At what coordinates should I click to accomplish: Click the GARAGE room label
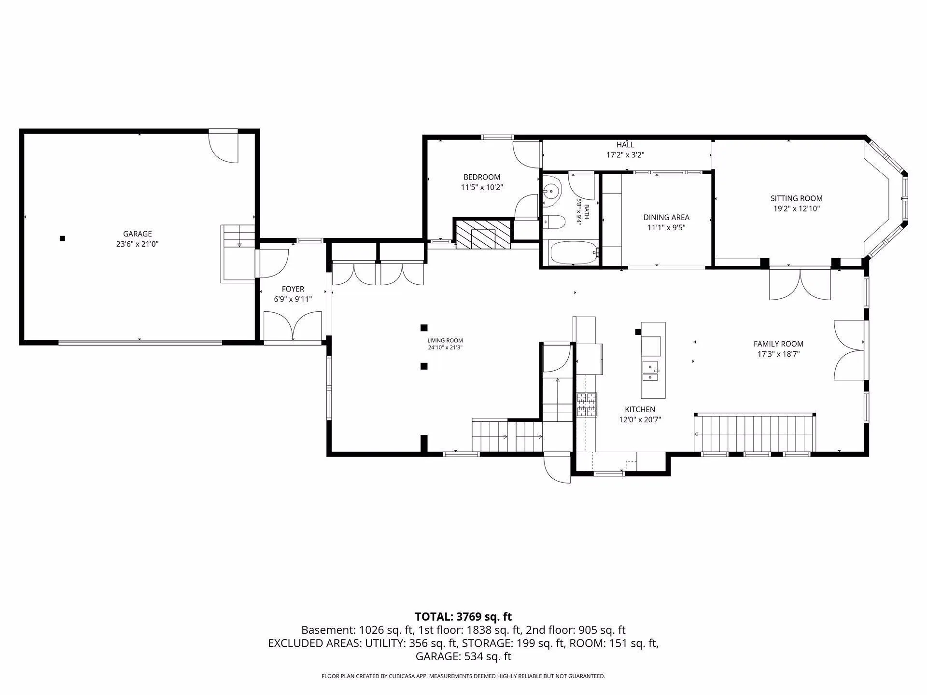(x=138, y=234)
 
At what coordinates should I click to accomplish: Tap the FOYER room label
(x=293, y=289)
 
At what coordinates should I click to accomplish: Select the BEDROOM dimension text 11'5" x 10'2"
(x=482, y=187)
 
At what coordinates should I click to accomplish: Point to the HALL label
(x=625, y=145)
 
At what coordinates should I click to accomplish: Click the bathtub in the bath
(x=574, y=252)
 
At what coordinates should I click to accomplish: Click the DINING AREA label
(x=666, y=218)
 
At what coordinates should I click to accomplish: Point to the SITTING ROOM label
(x=797, y=198)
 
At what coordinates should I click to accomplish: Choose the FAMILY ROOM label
(x=778, y=344)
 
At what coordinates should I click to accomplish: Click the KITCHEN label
(x=640, y=410)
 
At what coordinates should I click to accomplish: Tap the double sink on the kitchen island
(x=650, y=371)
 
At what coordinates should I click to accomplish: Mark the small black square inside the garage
(x=62, y=238)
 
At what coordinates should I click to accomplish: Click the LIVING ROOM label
(x=445, y=341)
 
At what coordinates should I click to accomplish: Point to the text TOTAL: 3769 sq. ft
(x=463, y=617)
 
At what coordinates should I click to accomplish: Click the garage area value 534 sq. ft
(x=488, y=656)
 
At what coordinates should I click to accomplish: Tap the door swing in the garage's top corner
(x=223, y=148)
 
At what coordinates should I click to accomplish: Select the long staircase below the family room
(x=755, y=433)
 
